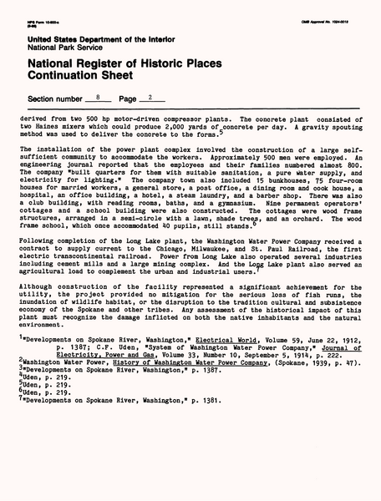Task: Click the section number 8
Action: tap(99, 98)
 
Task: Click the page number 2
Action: tap(150, 98)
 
